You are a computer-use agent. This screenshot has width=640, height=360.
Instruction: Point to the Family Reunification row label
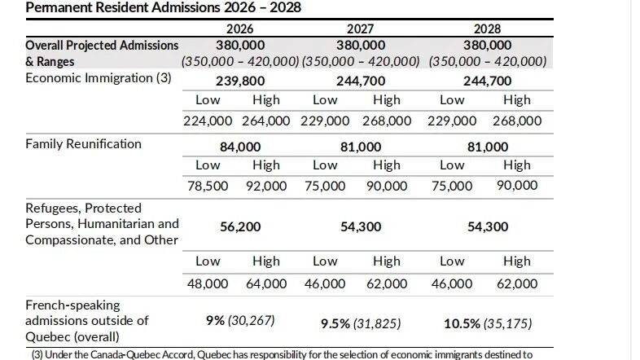(x=83, y=144)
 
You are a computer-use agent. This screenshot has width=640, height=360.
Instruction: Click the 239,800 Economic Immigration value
(x=239, y=81)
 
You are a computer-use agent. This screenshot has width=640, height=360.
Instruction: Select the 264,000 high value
(x=266, y=121)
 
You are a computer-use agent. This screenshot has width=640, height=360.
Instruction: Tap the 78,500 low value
(x=208, y=186)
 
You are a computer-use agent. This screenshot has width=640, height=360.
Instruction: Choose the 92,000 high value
(x=266, y=186)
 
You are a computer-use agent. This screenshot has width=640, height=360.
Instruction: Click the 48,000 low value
(x=208, y=283)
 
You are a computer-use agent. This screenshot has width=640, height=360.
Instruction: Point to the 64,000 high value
(x=266, y=283)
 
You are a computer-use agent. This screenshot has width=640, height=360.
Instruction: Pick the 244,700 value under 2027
(x=360, y=81)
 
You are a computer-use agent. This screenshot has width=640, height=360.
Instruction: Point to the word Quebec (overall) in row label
(x=72, y=336)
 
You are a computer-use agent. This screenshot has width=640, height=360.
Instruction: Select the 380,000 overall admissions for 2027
(x=360, y=46)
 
